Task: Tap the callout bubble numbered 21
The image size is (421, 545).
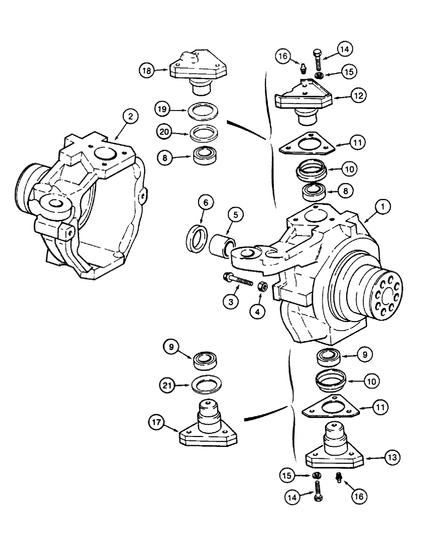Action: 169,386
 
